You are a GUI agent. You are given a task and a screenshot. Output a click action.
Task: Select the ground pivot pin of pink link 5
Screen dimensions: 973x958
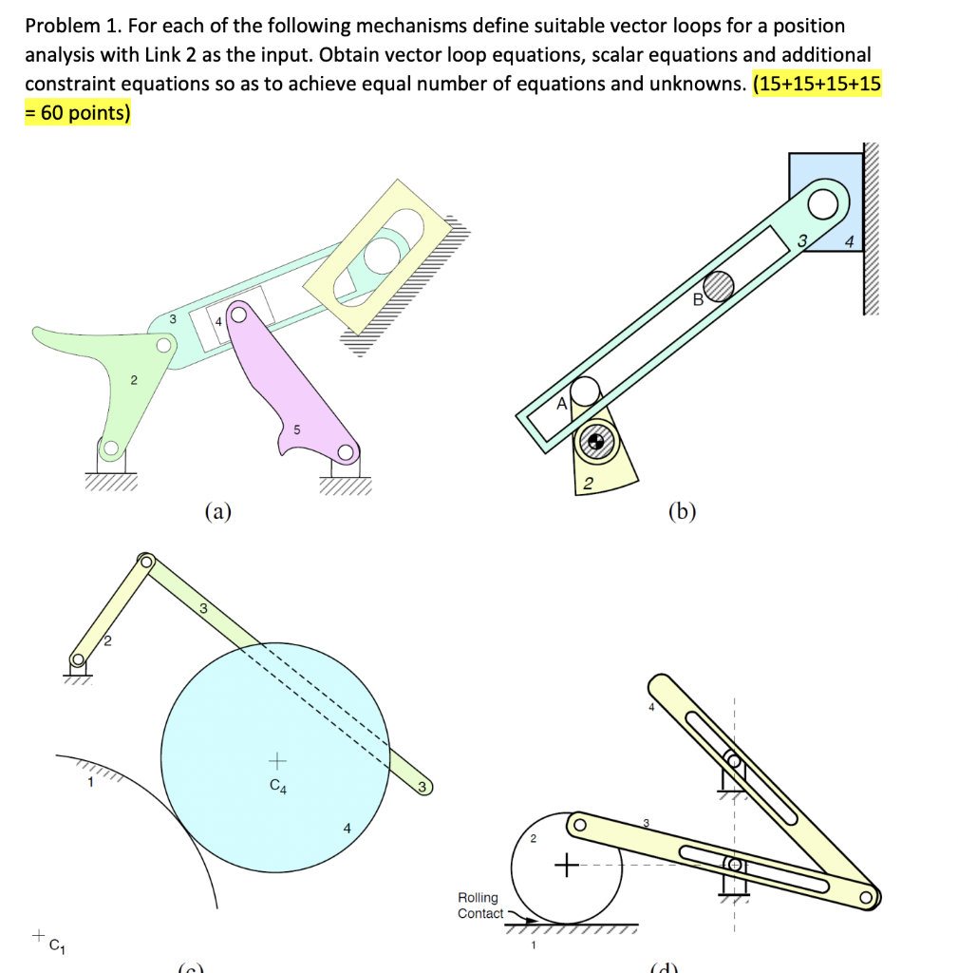pos(346,452)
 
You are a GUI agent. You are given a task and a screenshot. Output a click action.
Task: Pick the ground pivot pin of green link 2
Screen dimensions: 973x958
pos(111,448)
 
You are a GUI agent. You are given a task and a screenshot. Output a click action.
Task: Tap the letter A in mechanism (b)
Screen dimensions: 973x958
pos(561,404)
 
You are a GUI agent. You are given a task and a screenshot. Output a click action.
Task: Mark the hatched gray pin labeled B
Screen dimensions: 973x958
pos(719,285)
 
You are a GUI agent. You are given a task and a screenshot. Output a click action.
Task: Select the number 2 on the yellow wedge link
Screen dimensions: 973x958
pos(588,485)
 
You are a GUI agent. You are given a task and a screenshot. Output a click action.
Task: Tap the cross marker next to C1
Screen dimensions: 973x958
pos(37,936)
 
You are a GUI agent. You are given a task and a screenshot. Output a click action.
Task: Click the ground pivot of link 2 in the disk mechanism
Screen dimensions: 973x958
pos(78,659)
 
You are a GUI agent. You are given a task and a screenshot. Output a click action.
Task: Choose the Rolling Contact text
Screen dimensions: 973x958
pos(480,905)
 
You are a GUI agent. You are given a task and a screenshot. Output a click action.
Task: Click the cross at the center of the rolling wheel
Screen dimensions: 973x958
pos(567,866)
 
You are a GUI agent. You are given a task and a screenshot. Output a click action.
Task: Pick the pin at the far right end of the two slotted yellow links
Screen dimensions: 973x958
pos(865,897)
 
